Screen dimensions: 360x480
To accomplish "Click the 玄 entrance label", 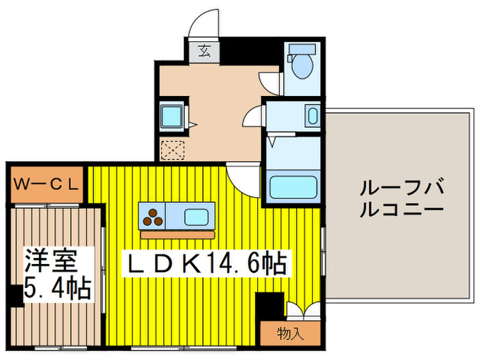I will coord(205,50).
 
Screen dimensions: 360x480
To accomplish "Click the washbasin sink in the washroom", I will coord(313,115).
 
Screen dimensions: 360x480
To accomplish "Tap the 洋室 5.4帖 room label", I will coord(58,274).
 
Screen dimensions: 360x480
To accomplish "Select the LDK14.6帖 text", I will coord(204,263).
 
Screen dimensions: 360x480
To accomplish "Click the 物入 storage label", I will coord(290,334).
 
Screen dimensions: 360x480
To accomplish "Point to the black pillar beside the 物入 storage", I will coord(269,305).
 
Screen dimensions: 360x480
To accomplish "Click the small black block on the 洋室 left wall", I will coord(14,296).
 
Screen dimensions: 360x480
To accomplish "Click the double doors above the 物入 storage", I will coord(302,311).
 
